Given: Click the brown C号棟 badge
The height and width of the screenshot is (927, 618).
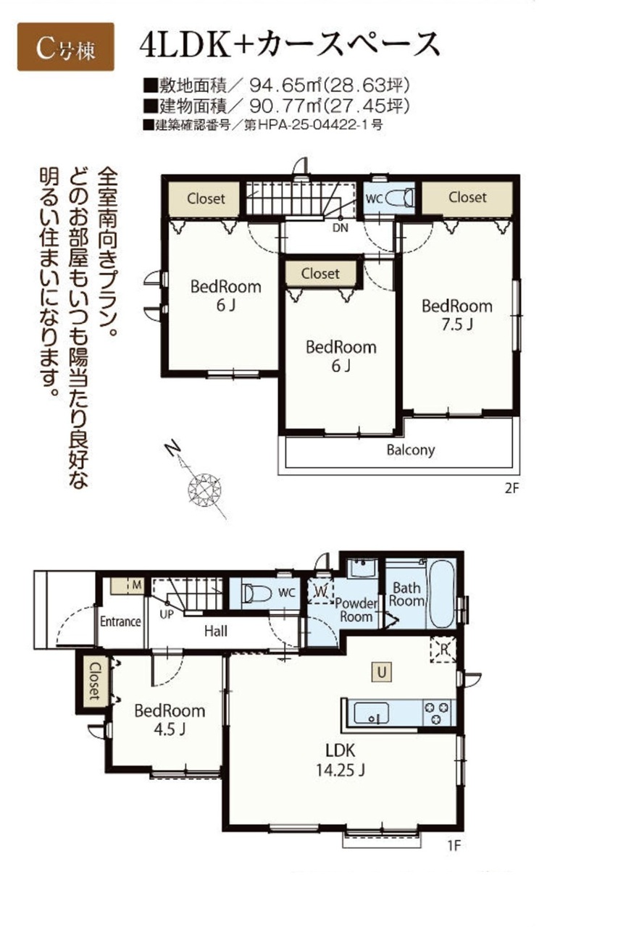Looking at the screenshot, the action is click(x=65, y=47).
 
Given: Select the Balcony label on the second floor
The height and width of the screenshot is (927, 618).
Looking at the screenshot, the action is click(x=411, y=450).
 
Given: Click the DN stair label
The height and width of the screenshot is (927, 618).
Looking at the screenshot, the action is click(x=341, y=227).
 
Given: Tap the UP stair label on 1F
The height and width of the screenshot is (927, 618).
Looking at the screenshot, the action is click(x=167, y=615).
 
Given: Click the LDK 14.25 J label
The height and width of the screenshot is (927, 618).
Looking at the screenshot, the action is click(x=341, y=760).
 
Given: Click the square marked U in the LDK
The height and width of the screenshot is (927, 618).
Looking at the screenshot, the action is click(x=381, y=673).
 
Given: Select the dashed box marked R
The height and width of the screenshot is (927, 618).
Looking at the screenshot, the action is click(x=443, y=650).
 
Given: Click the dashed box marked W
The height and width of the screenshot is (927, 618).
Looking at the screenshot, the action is click(x=321, y=591).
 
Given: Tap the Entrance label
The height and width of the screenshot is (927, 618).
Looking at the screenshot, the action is click(x=120, y=621).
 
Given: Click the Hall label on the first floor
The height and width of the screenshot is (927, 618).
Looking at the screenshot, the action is click(x=216, y=631).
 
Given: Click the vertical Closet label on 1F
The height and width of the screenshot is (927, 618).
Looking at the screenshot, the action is click(x=95, y=681).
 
